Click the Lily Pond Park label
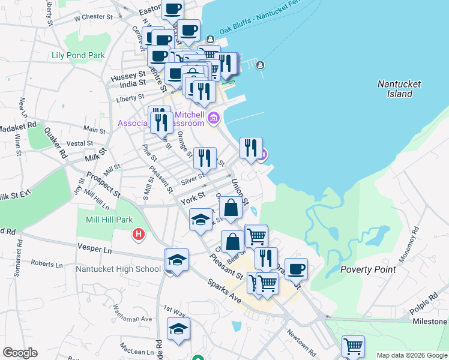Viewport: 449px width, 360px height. pyautogui.click(x=79, y=56)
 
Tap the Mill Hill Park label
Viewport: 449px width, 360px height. pyautogui.click(x=109, y=220)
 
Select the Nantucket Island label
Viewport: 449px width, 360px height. pyautogui.click(x=399, y=89)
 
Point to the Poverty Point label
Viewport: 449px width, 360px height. pyautogui.click(x=368, y=269)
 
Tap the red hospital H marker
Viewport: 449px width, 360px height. pyautogui.click(x=139, y=234)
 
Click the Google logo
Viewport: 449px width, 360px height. pyautogui.click(x=20, y=353)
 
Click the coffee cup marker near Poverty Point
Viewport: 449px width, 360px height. pyautogui.click(x=296, y=269)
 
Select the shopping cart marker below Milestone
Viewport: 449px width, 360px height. pyautogui.click(x=353, y=346)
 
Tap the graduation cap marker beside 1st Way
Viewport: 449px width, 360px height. pyautogui.click(x=178, y=329)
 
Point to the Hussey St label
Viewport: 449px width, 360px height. pyautogui.click(x=128, y=76)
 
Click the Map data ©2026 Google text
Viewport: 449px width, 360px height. pyautogui.click(x=411, y=355)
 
